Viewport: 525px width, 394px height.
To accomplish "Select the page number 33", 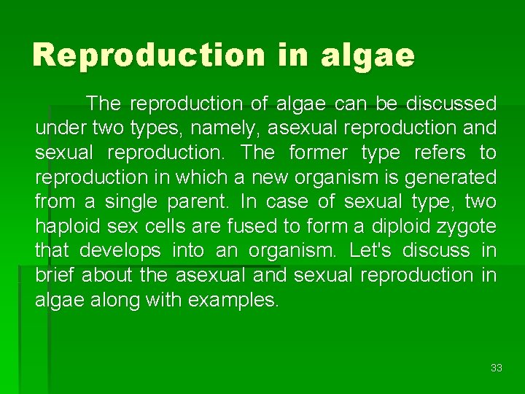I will (497, 368).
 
